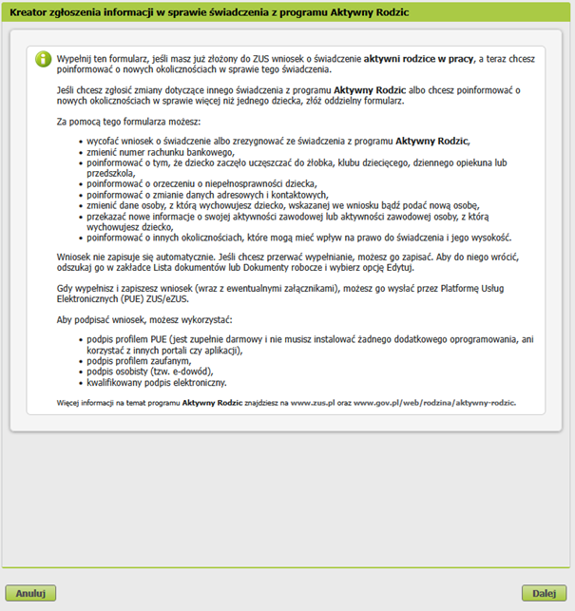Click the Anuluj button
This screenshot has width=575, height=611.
(x=30, y=593)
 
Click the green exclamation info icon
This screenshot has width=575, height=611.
(x=42, y=59)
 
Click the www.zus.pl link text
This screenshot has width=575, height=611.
(x=311, y=402)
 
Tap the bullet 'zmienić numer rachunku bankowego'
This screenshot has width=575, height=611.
(x=160, y=151)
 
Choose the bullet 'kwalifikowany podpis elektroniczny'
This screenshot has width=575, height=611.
(x=157, y=383)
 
